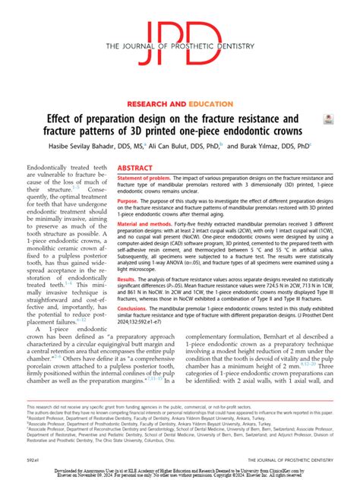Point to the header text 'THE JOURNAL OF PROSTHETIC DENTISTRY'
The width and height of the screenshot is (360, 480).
[180, 48]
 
